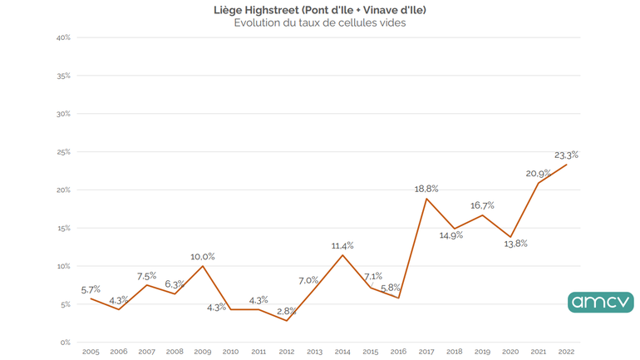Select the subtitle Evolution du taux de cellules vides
(320, 22)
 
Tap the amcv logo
(600, 302)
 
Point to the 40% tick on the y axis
(62, 37)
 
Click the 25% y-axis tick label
(62, 152)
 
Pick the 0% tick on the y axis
(64, 343)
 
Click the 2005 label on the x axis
(91, 353)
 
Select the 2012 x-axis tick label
(286, 353)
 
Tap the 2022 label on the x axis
(568, 353)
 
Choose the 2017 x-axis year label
(426, 353)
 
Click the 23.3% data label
(566, 154)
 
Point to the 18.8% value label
(426, 190)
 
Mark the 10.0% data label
(202, 256)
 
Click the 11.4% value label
(342, 245)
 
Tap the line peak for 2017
(426, 199)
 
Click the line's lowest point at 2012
(286, 321)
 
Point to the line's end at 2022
(568, 165)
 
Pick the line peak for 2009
(202, 266)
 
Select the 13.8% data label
(515, 244)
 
